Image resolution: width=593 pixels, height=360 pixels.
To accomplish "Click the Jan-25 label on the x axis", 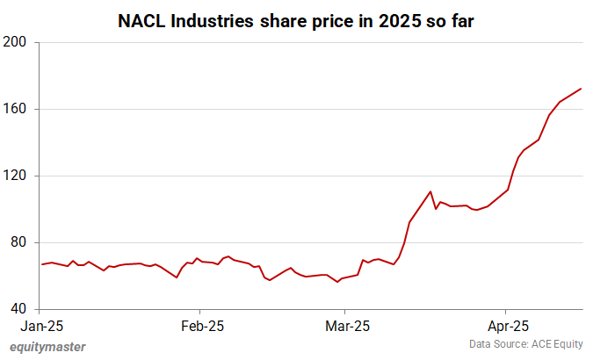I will [40, 326].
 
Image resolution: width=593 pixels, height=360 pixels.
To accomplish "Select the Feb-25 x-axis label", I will [200, 326].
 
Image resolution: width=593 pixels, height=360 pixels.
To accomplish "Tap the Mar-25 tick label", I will [346, 326].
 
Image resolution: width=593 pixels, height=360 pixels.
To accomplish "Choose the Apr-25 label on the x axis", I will [505, 326].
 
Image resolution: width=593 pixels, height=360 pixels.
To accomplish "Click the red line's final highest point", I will [582, 88].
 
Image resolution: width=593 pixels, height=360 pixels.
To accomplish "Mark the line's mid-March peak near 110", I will [430, 191].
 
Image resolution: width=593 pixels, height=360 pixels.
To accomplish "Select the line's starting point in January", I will [41, 264].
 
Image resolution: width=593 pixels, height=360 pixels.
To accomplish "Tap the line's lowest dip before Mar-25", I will [338, 282].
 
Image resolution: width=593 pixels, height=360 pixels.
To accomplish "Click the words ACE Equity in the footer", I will [559, 343].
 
